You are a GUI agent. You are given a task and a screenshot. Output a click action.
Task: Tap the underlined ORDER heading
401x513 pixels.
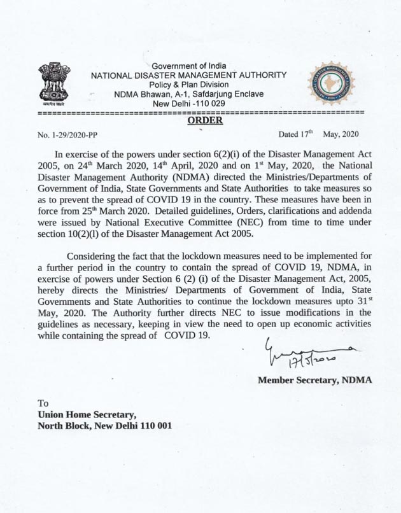click(x=205, y=120)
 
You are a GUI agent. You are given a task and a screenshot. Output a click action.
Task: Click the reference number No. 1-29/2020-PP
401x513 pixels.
click(x=68, y=135)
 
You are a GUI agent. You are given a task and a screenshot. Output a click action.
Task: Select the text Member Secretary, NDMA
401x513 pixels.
click(x=315, y=380)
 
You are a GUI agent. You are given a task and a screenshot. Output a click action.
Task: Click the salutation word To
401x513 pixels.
click(x=43, y=403)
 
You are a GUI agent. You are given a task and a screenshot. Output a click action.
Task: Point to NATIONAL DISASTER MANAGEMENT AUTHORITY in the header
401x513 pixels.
click(x=189, y=75)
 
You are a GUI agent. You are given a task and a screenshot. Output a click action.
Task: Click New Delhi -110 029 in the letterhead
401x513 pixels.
click(x=189, y=103)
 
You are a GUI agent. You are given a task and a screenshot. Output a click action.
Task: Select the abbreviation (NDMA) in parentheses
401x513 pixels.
click(x=209, y=178)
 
